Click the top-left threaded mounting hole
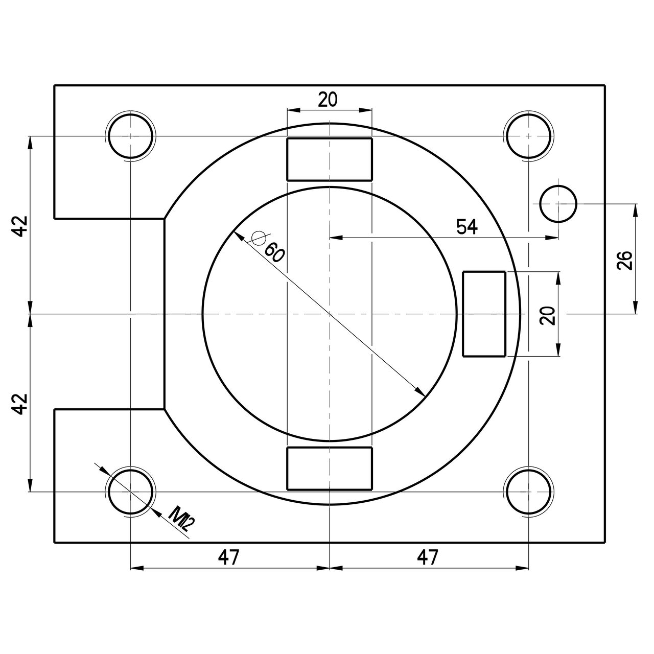pos(131,136)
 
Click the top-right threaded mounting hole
pos(528,136)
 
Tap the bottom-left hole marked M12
pos(131,492)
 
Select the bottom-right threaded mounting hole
pos(528,492)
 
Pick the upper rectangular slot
pos(329,159)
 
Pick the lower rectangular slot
pos(329,469)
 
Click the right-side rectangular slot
pos(484,314)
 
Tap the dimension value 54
pos(467,227)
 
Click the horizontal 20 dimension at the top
pos(328,99)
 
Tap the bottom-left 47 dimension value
pos(229,557)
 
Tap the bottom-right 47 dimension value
pos(428,557)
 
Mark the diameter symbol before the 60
pos(259,238)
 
